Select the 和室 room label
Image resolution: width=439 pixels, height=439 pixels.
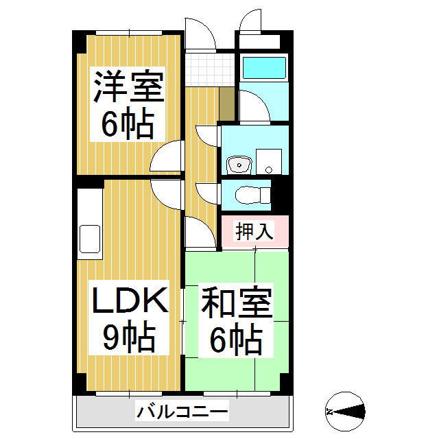point(235,302)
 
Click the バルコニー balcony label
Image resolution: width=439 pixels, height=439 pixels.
point(182,413)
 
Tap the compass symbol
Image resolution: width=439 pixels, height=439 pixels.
point(344,412)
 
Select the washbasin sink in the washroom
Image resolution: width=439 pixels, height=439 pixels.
point(239,165)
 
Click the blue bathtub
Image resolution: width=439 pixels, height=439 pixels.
point(264,69)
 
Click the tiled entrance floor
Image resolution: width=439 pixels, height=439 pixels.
point(202,69)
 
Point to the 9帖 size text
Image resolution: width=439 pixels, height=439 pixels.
point(129,337)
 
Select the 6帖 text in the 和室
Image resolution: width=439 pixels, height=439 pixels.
point(235,338)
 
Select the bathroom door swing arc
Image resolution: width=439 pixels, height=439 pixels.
point(250,106)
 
